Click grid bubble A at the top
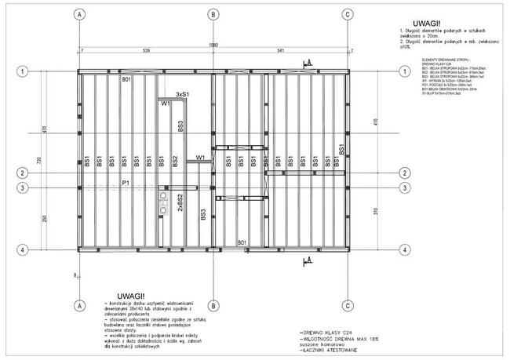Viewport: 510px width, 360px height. coord(80,15)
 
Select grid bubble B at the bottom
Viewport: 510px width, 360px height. coord(213,305)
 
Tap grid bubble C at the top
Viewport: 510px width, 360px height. coord(347,15)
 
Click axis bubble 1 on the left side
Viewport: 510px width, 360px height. coord(24,72)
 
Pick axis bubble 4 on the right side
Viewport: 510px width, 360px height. coord(403,249)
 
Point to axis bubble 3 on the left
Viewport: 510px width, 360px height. coord(24,187)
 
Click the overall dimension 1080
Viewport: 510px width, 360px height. coord(213,45)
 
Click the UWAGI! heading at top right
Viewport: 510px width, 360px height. coord(426,24)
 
